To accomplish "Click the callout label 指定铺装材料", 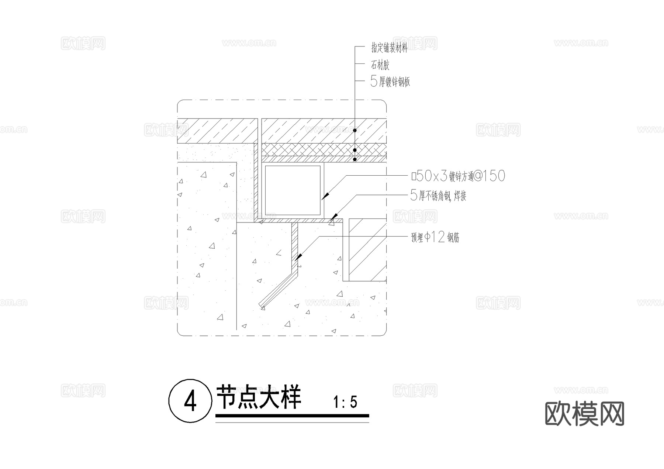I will point(389,48).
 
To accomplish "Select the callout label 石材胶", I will point(380,65).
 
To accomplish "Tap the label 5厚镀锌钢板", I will point(390,82).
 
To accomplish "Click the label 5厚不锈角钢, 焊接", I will point(438,196).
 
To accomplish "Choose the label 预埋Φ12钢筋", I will point(435,237).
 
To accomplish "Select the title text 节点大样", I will point(259,397).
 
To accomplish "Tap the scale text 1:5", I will point(345,402).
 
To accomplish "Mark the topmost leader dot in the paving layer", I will point(355,130).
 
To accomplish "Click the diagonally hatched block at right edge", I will point(367,249).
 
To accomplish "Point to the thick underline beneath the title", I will point(292,416).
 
